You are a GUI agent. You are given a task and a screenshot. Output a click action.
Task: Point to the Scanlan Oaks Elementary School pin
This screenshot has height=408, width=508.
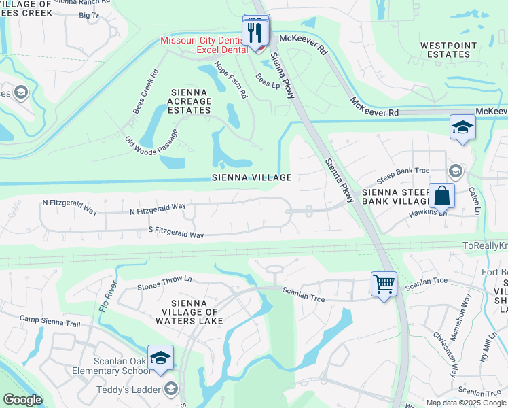click(161, 358)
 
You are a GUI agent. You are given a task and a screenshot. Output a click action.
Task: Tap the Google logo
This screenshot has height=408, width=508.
click(22, 400)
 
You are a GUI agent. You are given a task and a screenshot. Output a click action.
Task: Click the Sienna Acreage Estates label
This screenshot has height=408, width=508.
click(190, 101)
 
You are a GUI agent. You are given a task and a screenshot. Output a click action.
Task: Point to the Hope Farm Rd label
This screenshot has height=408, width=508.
click(230, 80)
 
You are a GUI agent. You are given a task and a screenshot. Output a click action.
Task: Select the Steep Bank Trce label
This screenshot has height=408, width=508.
click(405, 175)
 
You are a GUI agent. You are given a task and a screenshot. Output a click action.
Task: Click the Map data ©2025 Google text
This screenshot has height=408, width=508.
click(466, 403)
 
